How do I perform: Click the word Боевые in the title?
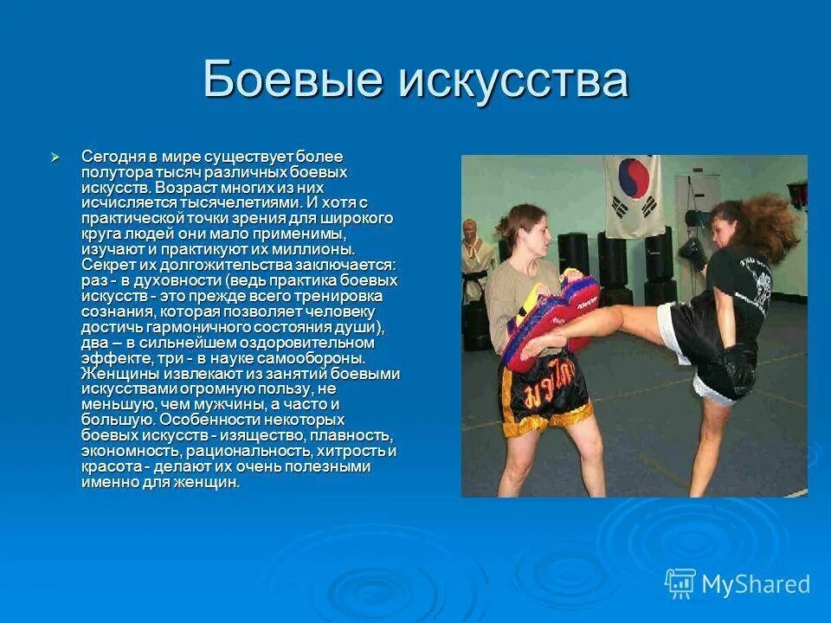click(x=293, y=80)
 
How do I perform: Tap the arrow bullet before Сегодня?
click(x=55, y=157)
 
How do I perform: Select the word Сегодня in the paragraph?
click(x=111, y=157)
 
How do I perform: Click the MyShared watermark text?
click(x=756, y=584)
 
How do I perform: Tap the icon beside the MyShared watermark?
click(x=680, y=584)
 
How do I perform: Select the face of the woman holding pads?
click(x=531, y=235)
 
